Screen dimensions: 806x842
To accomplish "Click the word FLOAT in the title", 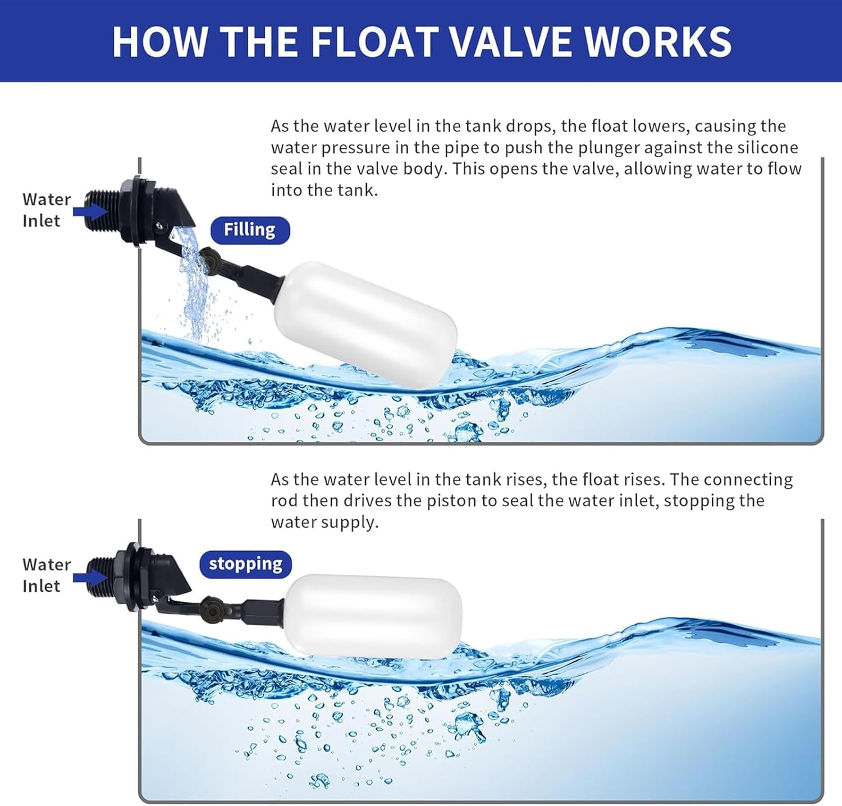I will point(374,41).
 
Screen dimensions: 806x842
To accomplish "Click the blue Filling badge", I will point(250,230).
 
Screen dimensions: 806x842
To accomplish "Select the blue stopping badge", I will point(245,564).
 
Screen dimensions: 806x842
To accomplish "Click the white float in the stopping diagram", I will point(373,616).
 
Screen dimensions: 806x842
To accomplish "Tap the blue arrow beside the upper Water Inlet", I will point(90,211).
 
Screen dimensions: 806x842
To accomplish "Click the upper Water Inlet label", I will point(46,210).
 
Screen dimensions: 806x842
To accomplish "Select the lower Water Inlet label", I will point(46,575).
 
